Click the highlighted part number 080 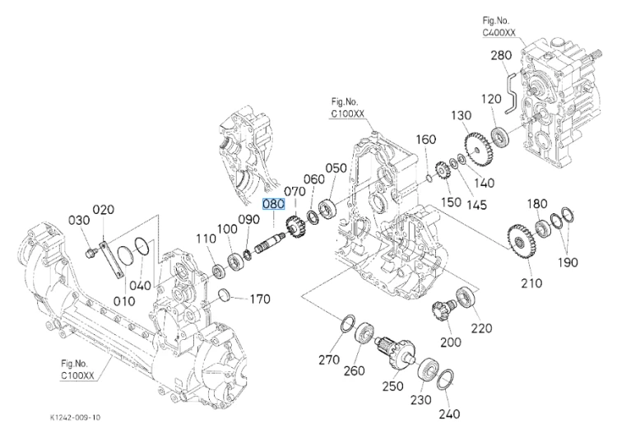tap(273, 204)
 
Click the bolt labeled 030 tap(90, 253)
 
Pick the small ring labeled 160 tap(429, 179)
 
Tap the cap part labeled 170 tap(225, 296)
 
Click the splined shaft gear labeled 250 tap(397, 352)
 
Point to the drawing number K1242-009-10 tap(75, 417)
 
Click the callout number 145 tap(476, 205)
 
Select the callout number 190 tap(568, 262)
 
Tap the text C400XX tap(499, 33)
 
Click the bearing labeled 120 tap(500, 137)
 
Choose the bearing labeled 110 tap(218, 271)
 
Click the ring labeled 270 tap(347, 323)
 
